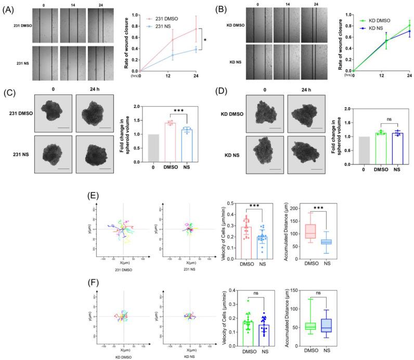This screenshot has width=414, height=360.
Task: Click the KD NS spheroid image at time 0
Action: pos(270,150)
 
